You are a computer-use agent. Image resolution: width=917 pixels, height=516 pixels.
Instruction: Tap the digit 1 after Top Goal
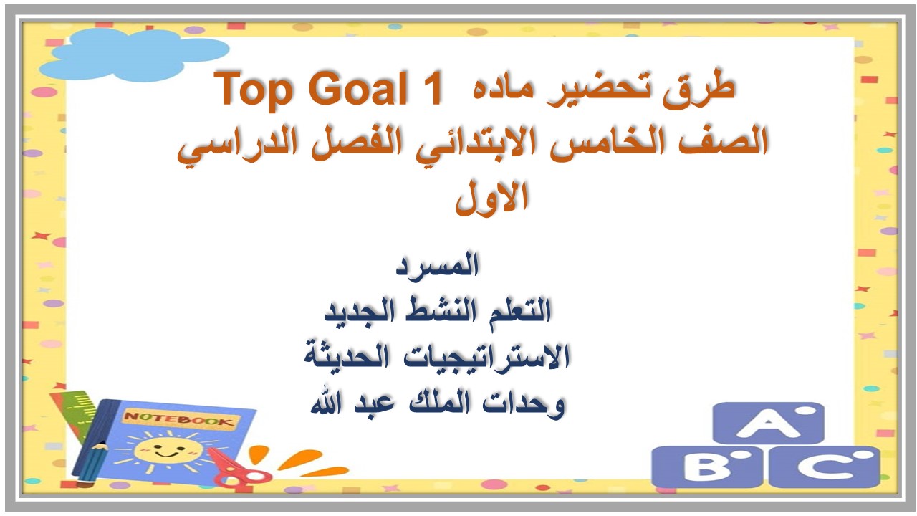[x=431, y=87]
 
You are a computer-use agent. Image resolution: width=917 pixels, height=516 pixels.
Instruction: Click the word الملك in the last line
[x=440, y=402]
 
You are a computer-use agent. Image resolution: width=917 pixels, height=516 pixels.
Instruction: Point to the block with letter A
[x=768, y=423]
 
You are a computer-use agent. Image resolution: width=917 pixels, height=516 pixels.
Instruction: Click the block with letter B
[x=707, y=467]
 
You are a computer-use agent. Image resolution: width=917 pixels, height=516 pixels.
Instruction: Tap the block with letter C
[x=825, y=467]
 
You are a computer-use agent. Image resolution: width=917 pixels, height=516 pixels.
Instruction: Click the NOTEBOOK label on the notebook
[x=179, y=419]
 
